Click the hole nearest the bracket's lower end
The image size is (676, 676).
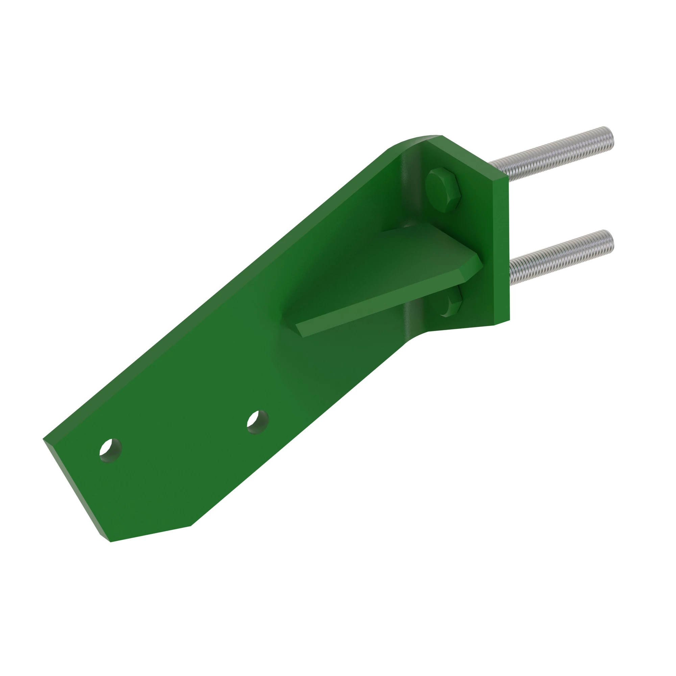[110, 450]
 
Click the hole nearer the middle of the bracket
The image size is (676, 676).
[258, 422]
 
